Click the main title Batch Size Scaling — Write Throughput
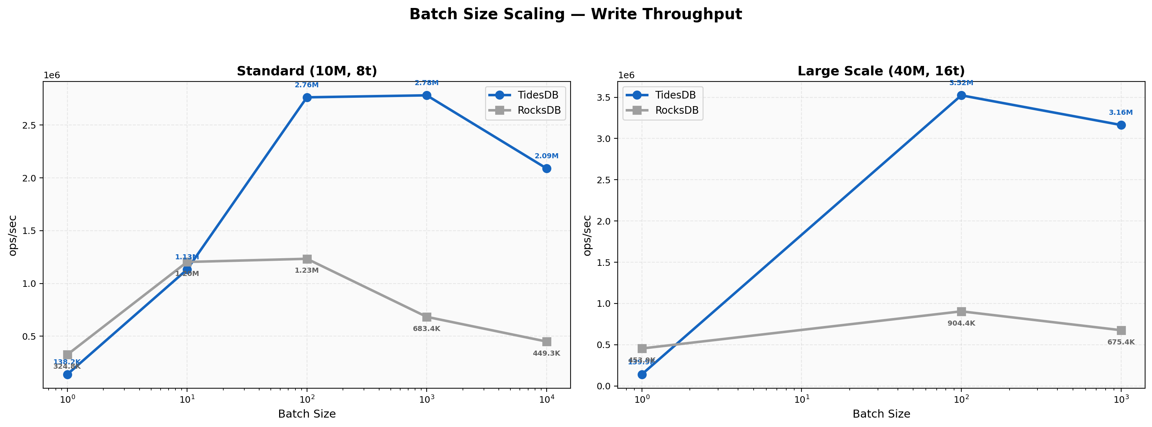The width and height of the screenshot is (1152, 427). pos(576,14)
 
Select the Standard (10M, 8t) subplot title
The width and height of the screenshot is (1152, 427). pos(307,71)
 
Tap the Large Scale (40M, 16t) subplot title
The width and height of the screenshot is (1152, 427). pos(881,71)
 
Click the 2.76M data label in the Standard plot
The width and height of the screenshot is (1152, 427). pos(307,85)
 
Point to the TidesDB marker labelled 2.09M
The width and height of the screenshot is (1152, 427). pos(547,168)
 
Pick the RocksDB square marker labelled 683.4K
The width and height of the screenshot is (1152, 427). pos(427,317)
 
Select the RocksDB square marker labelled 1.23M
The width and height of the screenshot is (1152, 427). pos(307,259)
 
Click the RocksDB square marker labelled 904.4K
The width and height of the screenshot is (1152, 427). pos(961,311)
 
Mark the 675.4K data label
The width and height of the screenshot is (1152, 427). pos(1121,342)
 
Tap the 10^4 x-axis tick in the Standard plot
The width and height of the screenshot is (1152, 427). pos(547,400)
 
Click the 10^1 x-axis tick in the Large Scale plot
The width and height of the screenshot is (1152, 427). pos(801,400)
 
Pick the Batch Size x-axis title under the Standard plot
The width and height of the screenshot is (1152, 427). pos(307,414)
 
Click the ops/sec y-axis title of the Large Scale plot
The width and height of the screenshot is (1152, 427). pos(587,235)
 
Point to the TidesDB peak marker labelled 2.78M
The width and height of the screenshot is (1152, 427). pos(427,95)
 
